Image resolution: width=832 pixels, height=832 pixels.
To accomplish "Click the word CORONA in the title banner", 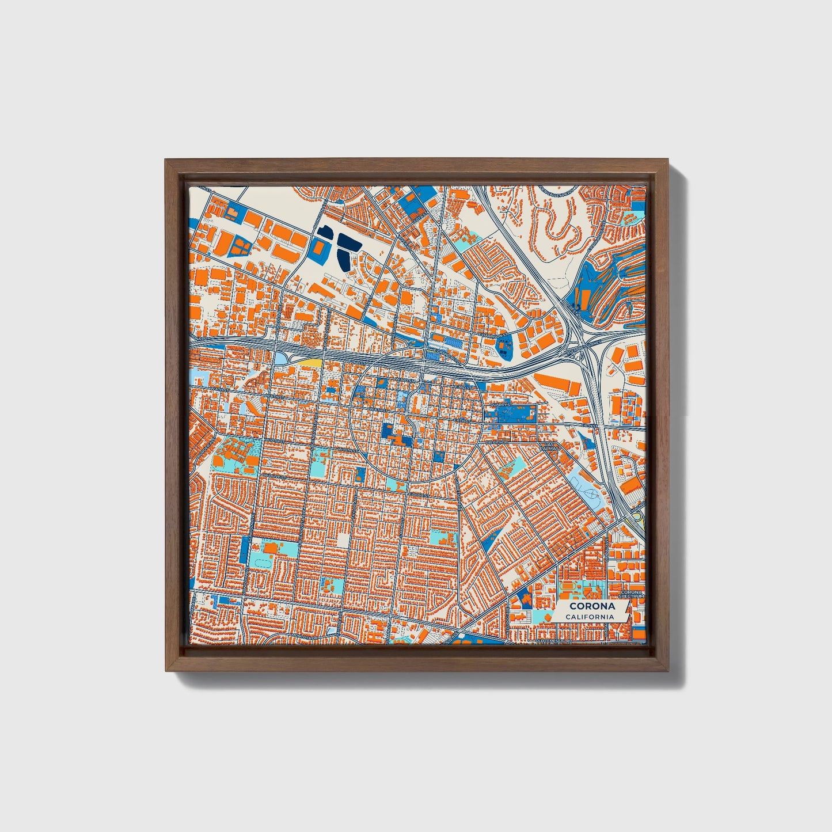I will [x=592, y=606].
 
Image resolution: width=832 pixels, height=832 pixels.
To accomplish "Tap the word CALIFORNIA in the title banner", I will [x=589, y=617].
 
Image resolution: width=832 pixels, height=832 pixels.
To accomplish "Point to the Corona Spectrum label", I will [x=631, y=594].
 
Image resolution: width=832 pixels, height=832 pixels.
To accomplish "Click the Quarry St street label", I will [x=499, y=405].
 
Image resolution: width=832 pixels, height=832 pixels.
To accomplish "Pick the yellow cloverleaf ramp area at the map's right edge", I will [x=638, y=521].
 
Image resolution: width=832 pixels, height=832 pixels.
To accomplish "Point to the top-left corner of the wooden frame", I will [x=167, y=161].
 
